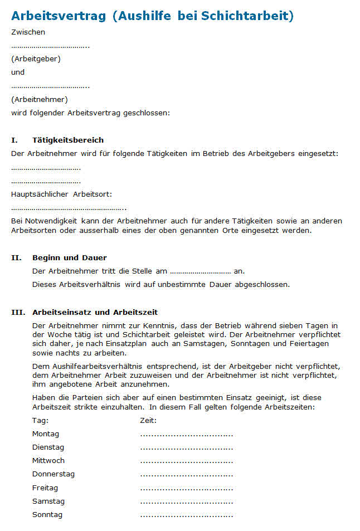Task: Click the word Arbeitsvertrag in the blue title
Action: (x=59, y=16)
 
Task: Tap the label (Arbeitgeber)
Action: (x=36, y=59)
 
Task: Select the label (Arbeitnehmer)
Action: (x=39, y=99)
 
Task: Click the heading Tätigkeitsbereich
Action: (x=68, y=140)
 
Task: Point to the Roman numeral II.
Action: (x=16, y=257)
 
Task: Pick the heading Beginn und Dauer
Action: (x=70, y=257)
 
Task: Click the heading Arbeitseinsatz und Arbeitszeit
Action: (x=95, y=312)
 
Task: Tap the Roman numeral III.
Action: (x=18, y=312)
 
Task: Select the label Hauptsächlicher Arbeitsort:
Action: (x=61, y=194)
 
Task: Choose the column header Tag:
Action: (x=40, y=420)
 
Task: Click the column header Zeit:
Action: (x=148, y=420)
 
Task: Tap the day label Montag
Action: (x=46, y=433)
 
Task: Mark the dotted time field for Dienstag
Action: (x=186, y=448)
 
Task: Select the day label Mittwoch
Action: (x=48, y=460)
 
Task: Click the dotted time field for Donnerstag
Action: (x=186, y=475)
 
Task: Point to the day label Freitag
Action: (x=45, y=488)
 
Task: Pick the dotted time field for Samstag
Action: (x=186, y=502)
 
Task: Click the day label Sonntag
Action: (x=47, y=514)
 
